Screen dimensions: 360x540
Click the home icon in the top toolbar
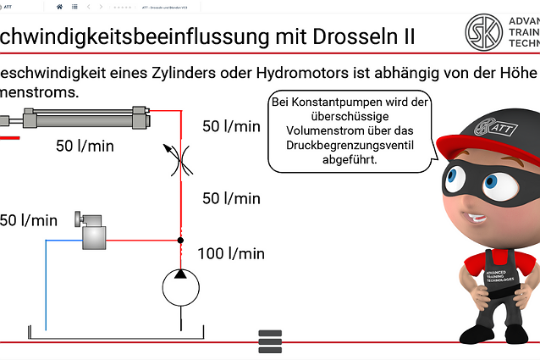[59, 6]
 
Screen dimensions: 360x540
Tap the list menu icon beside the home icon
[74, 6]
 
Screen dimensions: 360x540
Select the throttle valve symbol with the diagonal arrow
[179, 157]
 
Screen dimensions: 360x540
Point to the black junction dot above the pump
[180, 241]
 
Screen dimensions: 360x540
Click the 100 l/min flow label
[230, 253]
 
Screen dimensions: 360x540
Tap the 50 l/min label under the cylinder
[85, 146]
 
